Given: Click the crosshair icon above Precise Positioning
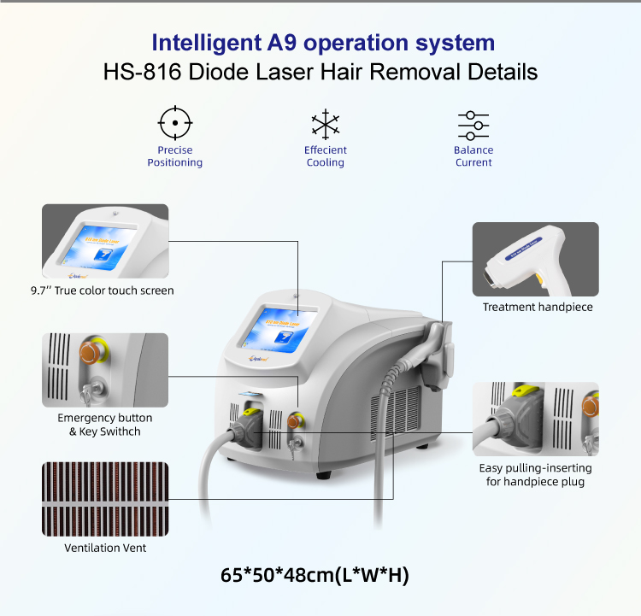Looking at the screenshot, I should [x=175, y=124].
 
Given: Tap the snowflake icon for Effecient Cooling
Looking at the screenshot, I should [x=325, y=125].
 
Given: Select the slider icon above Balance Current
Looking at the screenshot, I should [x=473, y=125].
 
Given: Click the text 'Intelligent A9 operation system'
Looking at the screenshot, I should [x=323, y=42].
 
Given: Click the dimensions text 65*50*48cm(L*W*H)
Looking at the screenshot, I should [x=315, y=575].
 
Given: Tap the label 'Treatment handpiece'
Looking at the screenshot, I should [x=537, y=308].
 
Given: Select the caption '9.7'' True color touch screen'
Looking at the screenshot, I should [x=108, y=290].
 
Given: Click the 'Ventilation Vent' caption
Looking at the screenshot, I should [x=105, y=548].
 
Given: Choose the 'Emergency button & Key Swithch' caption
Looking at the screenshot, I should [x=105, y=425].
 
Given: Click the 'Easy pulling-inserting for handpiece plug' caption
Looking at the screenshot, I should [x=535, y=475].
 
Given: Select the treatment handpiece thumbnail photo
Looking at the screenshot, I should [x=535, y=259].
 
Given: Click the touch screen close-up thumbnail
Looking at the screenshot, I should [x=105, y=240].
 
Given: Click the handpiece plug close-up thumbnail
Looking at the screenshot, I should [x=535, y=419].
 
